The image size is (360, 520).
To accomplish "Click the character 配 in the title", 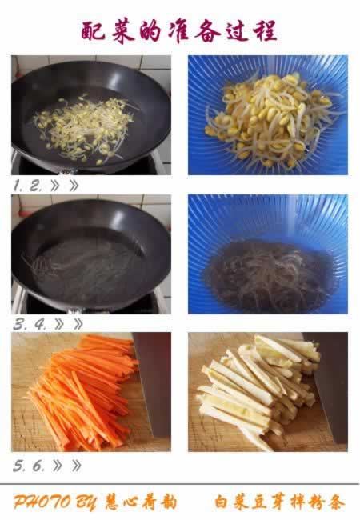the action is [x=93, y=31].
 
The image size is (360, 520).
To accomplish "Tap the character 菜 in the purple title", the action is [x=123, y=31].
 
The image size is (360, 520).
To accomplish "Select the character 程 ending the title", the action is [x=265, y=31].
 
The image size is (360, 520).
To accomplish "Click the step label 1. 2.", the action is [x=27, y=186].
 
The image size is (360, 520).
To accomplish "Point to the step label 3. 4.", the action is [x=29, y=325].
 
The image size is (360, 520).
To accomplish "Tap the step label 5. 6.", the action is [x=29, y=466].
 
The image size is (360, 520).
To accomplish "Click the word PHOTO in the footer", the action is [x=42, y=502].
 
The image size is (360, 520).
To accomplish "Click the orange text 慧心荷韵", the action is [x=141, y=502].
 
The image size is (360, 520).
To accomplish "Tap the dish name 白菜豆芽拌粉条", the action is [x=280, y=502].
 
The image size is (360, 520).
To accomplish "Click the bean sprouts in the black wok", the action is [x=84, y=129].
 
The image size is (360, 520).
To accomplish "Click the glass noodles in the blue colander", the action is [x=269, y=276].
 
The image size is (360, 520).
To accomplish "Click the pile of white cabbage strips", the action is [x=258, y=391].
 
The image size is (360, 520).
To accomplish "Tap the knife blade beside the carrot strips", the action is [x=153, y=382].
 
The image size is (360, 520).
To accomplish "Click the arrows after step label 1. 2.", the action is [x=64, y=186].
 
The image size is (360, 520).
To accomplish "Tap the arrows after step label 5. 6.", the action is [x=67, y=466].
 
